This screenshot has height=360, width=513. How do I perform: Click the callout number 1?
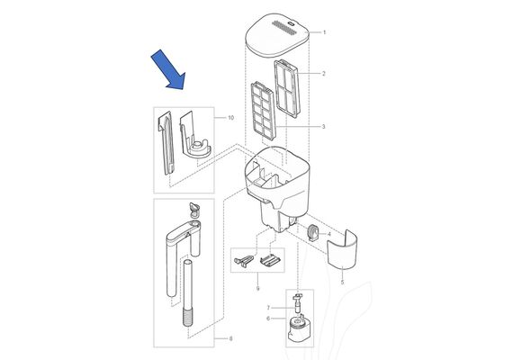[x=325, y=32]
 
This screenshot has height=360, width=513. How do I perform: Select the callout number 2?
[x=324, y=74]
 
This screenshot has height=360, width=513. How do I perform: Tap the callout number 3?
[x=324, y=127]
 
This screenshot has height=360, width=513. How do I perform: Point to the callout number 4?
[x=329, y=234]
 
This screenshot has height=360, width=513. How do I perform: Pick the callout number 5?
[x=343, y=282]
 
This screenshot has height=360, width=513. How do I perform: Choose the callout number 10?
[x=231, y=118]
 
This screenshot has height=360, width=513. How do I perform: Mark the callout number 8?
[x=230, y=338]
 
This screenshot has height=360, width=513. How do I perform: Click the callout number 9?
[x=257, y=289]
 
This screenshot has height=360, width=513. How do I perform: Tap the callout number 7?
[x=268, y=308]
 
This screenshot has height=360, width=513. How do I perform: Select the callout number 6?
[x=268, y=319]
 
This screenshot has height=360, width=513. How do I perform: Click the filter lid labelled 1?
[x=277, y=35]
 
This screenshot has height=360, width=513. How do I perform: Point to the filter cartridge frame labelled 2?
[x=287, y=88]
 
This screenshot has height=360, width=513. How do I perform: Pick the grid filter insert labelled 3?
[x=263, y=111]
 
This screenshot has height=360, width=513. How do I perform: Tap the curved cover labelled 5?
[x=342, y=249]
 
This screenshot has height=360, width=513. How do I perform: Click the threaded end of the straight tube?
[x=188, y=319]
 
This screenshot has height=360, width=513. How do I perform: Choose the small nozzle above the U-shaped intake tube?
[x=194, y=209]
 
